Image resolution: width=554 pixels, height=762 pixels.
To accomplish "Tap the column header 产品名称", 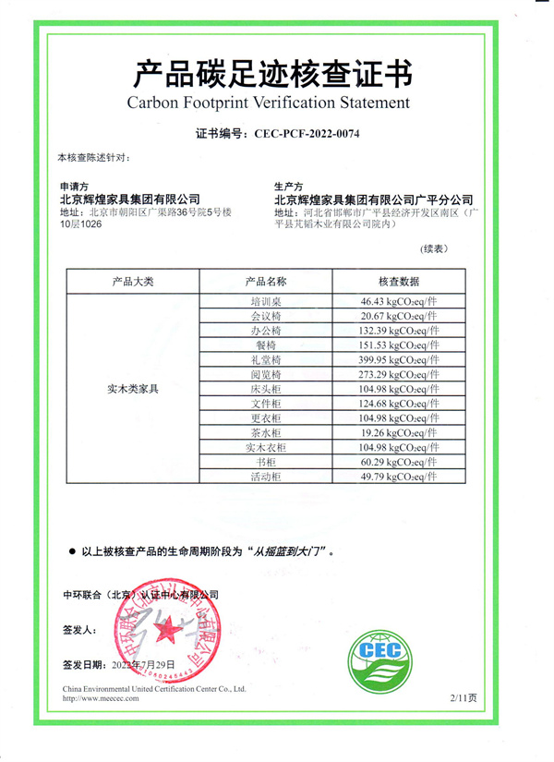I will pyautogui.click(x=266, y=281).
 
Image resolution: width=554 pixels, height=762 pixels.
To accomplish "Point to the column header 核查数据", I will pyautogui.click(x=399, y=281).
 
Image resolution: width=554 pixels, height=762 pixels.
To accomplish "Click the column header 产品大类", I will pyautogui.click(x=132, y=281).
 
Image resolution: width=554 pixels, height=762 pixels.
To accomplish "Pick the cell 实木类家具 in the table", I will pyautogui.click(x=132, y=390).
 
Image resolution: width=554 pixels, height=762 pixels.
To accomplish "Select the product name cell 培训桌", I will pyautogui.click(x=266, y=301).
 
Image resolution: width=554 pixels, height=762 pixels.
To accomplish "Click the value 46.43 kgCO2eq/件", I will pyautogui.click(x=400, y=301).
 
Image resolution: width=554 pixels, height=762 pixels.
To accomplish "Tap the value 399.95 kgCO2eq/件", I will pyautogui.click(x=400, y=359).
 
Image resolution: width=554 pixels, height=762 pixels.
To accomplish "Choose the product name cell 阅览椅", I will pyautogui.click(x=266, y=374).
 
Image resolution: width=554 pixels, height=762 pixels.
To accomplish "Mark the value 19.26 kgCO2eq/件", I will pyautogui.click(x=400, y=432).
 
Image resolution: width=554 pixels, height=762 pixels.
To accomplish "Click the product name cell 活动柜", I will pyautogui.click(x=266, y=477).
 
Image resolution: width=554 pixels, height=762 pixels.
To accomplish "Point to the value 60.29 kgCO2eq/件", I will pyautogui.click(x=400, y=462).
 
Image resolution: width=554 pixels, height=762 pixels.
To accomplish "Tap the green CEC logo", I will pyautogui.click(x=388, y=647).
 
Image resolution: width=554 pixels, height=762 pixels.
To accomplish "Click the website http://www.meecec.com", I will pyautogui.click(x=101, y=698).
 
